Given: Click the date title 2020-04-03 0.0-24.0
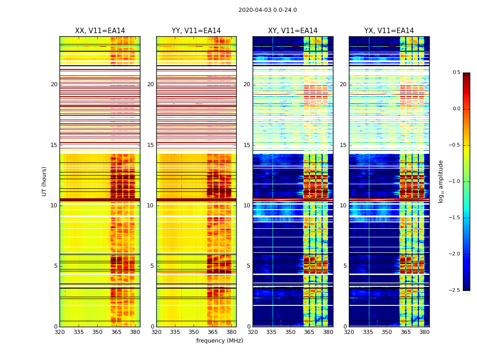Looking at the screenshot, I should pos(268,10).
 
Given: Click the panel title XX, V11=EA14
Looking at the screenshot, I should pos(100,31).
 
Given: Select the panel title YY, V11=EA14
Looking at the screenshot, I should pos(196,31).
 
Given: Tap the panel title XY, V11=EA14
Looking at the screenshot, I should pos(293,31).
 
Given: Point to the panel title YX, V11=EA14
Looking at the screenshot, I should pos(389,31).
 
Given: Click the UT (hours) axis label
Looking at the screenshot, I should pos(45,181).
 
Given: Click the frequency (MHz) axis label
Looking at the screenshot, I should pos(219,341).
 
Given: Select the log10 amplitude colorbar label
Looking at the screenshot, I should pos(441,181).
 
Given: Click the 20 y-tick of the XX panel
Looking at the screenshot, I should pos(54,84).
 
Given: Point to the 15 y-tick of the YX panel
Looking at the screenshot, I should pos(343,145).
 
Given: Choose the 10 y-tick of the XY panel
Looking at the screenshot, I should pos(247,206).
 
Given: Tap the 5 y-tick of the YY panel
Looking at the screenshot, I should pos(152,266).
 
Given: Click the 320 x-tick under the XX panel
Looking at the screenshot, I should pos(60,332).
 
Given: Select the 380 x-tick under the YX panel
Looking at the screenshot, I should pos(424,332).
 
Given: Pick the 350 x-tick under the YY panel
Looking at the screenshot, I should pos(194,332).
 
